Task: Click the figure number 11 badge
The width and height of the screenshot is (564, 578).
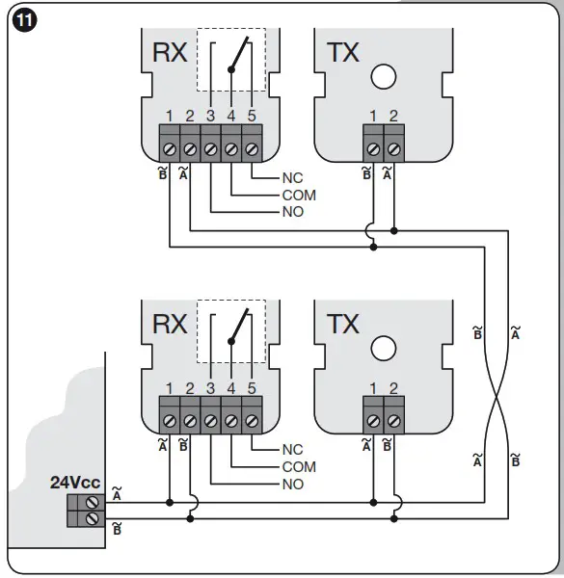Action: (x=20, y=20)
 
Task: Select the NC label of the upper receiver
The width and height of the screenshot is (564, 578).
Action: (x=292, y=178)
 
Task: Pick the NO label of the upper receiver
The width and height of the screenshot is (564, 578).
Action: (x=292, y=211)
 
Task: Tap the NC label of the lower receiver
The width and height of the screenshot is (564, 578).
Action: (x=292, y=450)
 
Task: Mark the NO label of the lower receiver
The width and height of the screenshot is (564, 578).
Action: (x=292, y=484)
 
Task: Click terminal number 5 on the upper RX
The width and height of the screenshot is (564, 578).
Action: (x=252, y=117)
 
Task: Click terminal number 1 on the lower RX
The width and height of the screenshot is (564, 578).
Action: (x=169, y=388)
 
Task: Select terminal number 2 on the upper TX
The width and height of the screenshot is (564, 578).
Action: (x=394, y=117)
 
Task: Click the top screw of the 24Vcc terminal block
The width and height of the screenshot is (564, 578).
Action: (x=93, y=501)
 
